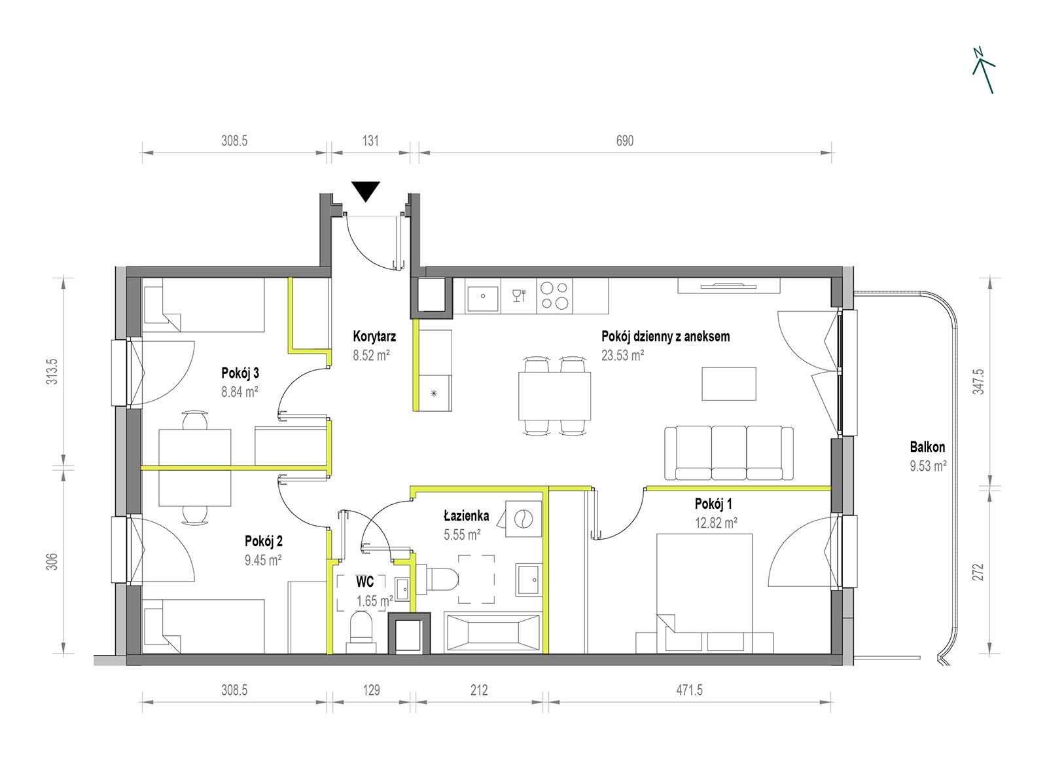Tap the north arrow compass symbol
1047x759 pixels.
coord(984,71)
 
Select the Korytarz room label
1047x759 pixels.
coord(374,336)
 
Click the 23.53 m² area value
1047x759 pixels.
coord(622,356)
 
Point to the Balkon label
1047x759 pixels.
coord(927,447)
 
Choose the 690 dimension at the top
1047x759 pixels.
coord(624,141)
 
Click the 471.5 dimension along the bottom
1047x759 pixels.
coord(689,690)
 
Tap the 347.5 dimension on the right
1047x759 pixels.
coord(978,382)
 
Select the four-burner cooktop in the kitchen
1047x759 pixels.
coord(554,296)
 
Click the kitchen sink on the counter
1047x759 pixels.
coord(482,296)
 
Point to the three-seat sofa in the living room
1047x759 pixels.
coord(729,453)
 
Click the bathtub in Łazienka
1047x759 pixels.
coord(493,632)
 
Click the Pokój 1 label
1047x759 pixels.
coord(713,504)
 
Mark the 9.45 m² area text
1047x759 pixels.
coord(262,560)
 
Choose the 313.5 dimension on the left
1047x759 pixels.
coord(53,372)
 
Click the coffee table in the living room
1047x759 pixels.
coord(729,384)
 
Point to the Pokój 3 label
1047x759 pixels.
coord(240,373)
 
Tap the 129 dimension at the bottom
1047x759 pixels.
coord(371,690)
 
